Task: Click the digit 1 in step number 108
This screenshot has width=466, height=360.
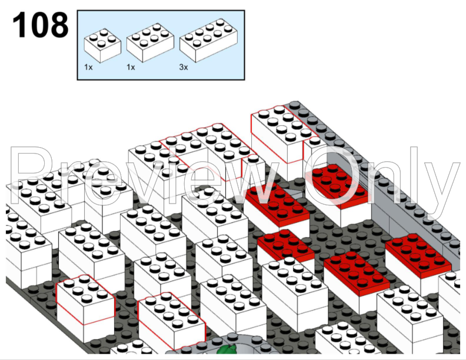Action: [x=19, y=25]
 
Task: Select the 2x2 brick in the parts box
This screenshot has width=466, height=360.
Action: [x=102, y=45]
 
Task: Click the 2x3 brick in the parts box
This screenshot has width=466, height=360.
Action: [x=150, y=42]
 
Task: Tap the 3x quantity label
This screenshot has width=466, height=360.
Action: [x=184, y=68]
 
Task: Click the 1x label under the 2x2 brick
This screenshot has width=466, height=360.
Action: [x=88, y=68]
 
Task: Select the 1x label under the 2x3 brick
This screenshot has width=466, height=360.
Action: [x=131, y=68]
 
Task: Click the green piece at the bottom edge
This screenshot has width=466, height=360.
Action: [x=227, y=349]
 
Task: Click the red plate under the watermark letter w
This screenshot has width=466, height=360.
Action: [x=277, y=204]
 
